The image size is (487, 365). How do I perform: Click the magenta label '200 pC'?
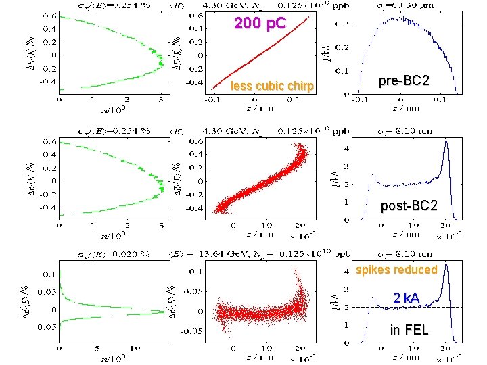pos(260,24)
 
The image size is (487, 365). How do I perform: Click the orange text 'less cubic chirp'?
pos(272,86)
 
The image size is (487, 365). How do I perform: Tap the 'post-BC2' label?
pos(409,205)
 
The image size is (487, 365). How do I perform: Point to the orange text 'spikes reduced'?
pos(396,270)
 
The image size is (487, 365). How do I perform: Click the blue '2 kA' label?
pos(407,298)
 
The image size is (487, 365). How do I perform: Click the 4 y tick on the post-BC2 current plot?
pos(346,148)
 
